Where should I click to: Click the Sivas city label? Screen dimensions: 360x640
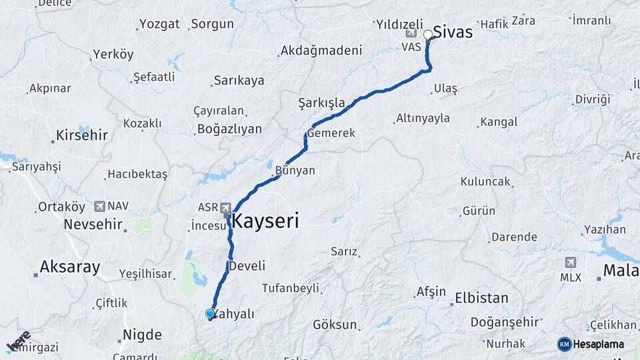click(x=453, y=31)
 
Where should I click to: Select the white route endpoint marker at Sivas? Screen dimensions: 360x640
click(x=428, y=34)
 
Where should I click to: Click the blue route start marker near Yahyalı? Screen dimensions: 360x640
click(x=210, y=314)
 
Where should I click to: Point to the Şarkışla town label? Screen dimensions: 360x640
click(x=322, y=103)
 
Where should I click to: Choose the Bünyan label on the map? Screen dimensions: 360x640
click(x=295, y=171)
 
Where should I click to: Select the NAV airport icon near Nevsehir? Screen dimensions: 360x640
click(x=100, y=207)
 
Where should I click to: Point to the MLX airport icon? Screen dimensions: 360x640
click(x=571, y=263)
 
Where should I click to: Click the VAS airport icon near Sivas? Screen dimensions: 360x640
click(x=410, y=33)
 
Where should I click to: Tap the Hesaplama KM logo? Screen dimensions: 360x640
click(x=591, y=344)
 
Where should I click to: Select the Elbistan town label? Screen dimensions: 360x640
click(x=481, y=298)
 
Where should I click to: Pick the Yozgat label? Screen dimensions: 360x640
click(x=159, y=24)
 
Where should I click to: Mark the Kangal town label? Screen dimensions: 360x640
click(x=499, y=122)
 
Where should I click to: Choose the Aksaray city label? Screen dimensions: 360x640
click(x=70, y=267)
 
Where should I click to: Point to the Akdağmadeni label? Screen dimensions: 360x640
click(x=321, y=50)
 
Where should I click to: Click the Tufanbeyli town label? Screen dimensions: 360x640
click(x=290, y=288)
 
